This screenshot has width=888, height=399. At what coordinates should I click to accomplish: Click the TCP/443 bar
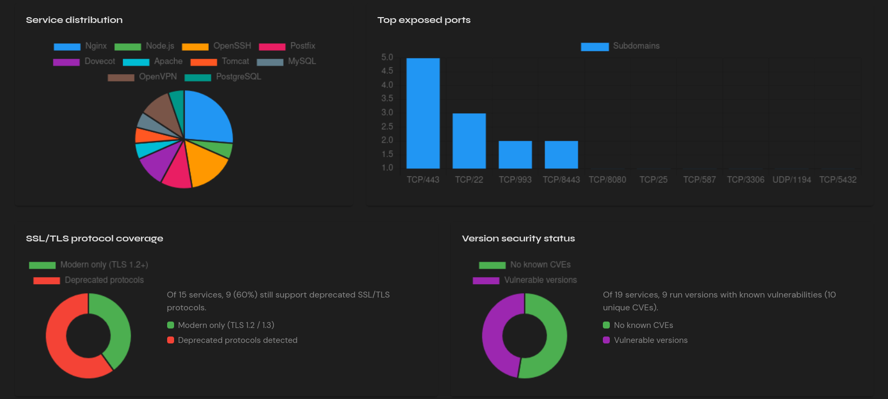coord(423,113)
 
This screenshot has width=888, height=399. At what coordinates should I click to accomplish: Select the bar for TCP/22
coord(469,141)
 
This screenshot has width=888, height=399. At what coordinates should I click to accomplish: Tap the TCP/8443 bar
coord(561,155)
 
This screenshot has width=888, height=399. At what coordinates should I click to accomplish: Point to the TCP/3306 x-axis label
coord(745,179)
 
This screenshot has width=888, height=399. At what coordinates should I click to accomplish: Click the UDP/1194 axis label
coord(791,179)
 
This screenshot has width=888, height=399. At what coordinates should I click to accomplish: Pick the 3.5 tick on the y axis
coord(387,98)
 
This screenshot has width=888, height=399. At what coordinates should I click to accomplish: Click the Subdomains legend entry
coord(620,46)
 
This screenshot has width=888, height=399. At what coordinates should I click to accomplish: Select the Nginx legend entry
coord(80,46)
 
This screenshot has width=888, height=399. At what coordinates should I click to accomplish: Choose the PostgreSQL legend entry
coord(223,77)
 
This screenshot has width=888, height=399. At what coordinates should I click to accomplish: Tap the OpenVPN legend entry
coord(142,77)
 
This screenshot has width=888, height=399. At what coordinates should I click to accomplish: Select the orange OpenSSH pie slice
coord(206,163)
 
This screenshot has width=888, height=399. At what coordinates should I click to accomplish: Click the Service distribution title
coord(74,20)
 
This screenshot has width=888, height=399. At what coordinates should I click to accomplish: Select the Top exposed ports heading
coord(424,20)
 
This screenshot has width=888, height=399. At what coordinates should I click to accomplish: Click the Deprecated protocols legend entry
coord(89,280)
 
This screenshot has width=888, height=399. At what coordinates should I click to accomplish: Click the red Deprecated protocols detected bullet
coord(171,340)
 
